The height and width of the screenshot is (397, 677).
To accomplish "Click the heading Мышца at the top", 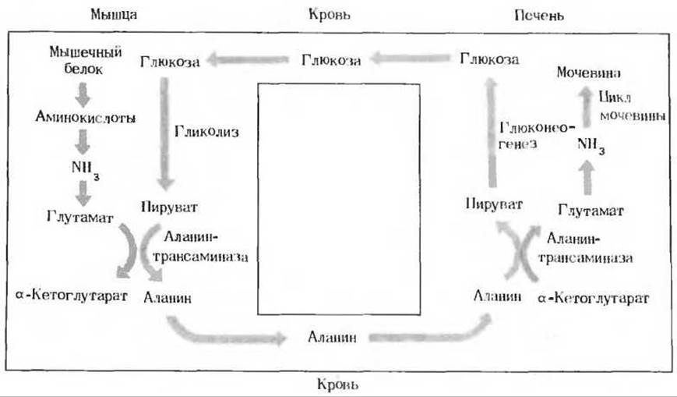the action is (114, 15).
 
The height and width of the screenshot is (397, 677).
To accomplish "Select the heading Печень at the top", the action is (539, 16).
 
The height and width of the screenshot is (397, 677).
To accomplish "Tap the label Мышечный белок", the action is (85, 61).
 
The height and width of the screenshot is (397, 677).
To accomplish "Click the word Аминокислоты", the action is (86, 117).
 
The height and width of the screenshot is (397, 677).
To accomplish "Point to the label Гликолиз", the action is (206, 132).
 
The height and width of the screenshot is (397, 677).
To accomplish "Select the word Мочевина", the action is (588, 73).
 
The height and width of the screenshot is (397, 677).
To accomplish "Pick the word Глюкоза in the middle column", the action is (331, 60).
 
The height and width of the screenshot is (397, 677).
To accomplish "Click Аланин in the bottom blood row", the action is (332, 337).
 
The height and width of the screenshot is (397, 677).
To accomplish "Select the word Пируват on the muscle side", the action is (169, 207).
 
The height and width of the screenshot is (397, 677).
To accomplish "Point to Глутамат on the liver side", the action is (591, 211).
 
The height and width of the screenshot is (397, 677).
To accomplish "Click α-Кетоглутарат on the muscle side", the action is (72, 296).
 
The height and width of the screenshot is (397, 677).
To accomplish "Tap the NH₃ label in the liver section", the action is (591, 145).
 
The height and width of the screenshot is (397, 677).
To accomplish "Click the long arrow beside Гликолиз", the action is (165, 133).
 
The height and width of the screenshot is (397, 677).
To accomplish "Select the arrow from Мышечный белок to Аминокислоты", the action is (83, 94).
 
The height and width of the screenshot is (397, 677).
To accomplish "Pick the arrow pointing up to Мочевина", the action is (586, 106).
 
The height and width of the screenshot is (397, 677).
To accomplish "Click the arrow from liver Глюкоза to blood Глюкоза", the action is (410, 58).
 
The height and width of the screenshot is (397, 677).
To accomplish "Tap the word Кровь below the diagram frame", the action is (337, 385).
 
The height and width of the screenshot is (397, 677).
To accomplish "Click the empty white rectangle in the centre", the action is (339, 200).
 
